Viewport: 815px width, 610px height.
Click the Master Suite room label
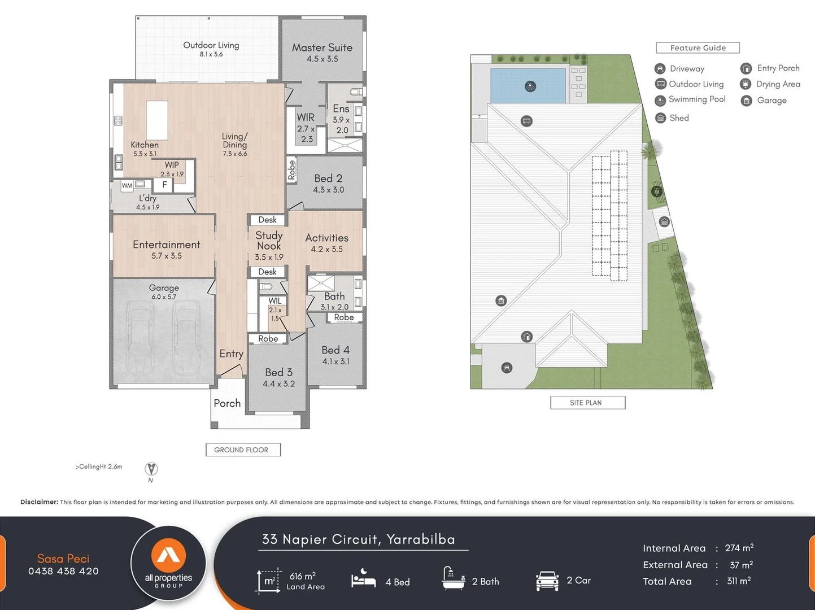pyautogui.click(x=322, y=48)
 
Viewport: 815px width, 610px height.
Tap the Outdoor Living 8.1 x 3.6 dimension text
pyautogui.click(x=211, y=54)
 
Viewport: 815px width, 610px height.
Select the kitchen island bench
pyautogui.click(x=157, y=120)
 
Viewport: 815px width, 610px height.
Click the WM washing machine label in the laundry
pyautogui.click(x=127, y=185)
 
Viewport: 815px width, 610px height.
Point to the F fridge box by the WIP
pyautogui.click(x=164, y=185)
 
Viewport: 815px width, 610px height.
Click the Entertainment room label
pyautogui.click(x=167, y=245)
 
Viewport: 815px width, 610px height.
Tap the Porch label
pyautogui.click(x=227, y=403)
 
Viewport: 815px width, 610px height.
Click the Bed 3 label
pyautogui.click(x=279, y=372)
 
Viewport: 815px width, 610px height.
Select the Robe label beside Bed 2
pyautogui.click(x=291, y=169)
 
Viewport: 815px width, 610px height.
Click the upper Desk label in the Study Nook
pyautogui.click(x=268, y=220)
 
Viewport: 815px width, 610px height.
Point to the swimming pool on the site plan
pyautogui.click(x=528, y=86)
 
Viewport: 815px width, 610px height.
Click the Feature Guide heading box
pyautogui.click(x=698, y=48)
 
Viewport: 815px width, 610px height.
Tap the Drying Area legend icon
pyautogui.click(x=746, y=84)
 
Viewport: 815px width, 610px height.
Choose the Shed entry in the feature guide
pyautogui.click(x=679, y=118)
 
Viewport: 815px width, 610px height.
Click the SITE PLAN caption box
pyautogui.click(x=587, y=403)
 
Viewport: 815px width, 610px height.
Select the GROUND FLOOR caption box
pyautogui.click(x=242, y=450)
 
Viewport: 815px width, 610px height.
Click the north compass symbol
pyautogui.click(x=151, y=469)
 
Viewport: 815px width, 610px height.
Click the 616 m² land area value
pyautogui.click(x=303, y=576)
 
